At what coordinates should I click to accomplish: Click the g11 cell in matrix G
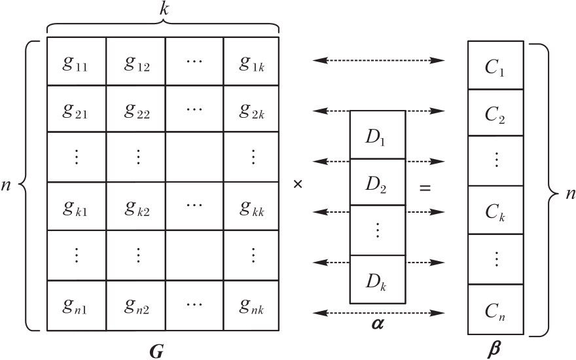tap(77, 62)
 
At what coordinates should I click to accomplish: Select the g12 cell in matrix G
tap(135, 62)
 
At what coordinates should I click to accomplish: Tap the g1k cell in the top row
tap(252, 62)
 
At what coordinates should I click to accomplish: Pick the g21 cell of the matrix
tap(77, 109)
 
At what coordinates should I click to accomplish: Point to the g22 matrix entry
tap(135, 109)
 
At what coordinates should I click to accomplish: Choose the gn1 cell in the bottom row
tap(77, 306)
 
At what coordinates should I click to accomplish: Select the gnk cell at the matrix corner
tap(252, 306)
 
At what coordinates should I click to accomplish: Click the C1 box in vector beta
tap(495, 65)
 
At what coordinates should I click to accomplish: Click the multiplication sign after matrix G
tap(298, 185)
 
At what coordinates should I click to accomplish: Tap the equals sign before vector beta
tap(425, 189)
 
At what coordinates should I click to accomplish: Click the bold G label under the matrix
tap(156, 351)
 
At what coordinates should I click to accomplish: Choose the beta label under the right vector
tap(495, 350)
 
